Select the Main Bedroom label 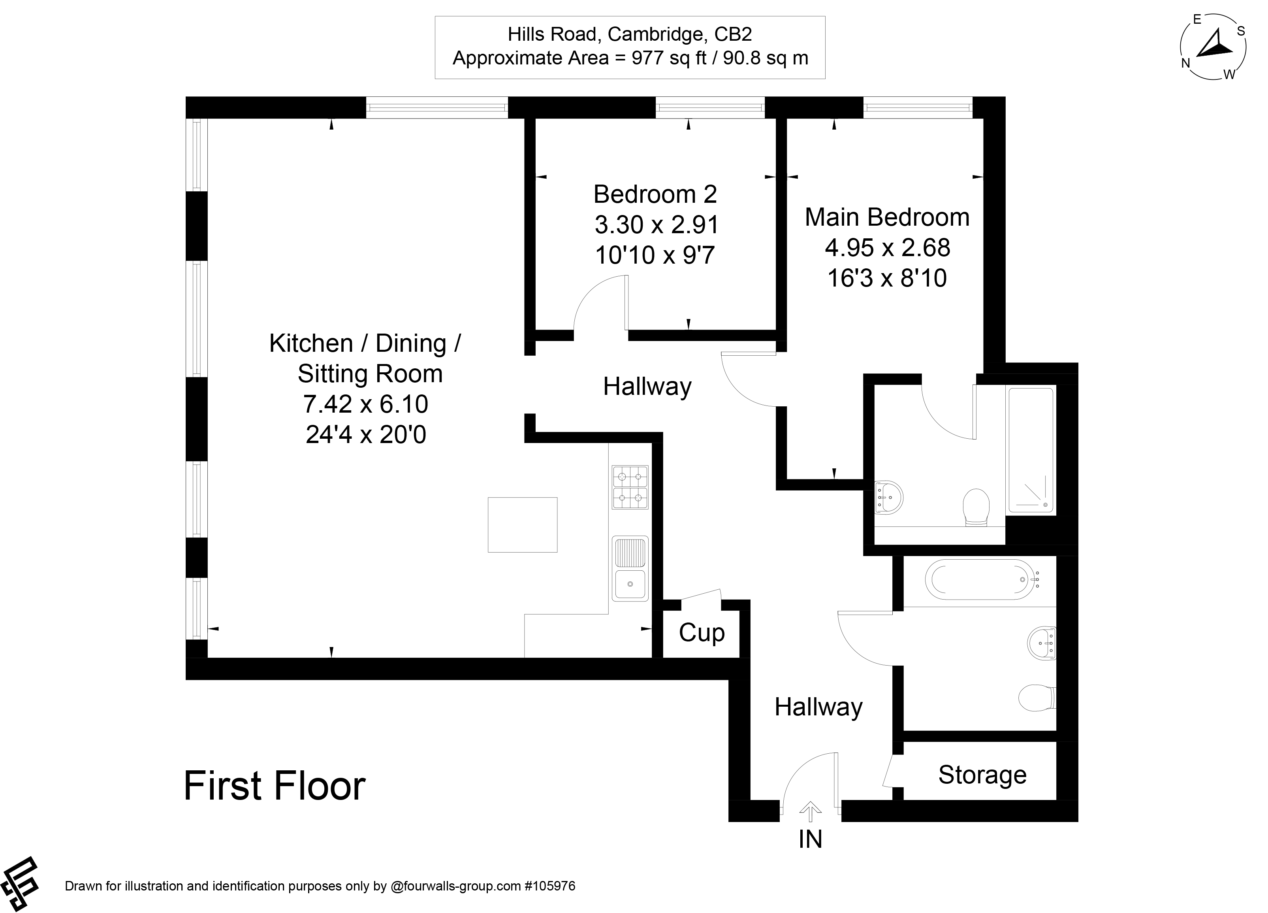coord(887,218)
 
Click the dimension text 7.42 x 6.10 coord(366,404)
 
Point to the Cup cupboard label coord(702,633)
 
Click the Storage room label coord(982,775)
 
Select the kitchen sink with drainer coord(630,568)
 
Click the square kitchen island coord(522,525)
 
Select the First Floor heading coord(275,786)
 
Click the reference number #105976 coord(549,886)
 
